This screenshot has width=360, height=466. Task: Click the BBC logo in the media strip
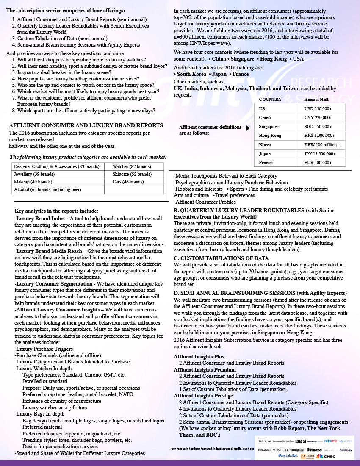301,441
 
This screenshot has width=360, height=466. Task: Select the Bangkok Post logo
288,456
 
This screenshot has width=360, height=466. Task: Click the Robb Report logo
264,441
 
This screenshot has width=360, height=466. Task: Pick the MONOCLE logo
281,449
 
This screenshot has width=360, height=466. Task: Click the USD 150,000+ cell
318,108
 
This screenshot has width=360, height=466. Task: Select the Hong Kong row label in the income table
270,136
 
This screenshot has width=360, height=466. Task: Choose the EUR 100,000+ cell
318,162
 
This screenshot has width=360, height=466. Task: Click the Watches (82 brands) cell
132,166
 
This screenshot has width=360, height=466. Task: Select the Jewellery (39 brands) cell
34,174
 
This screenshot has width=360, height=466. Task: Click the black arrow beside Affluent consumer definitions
248,128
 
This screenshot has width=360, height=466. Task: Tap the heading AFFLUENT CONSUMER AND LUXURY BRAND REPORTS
86,125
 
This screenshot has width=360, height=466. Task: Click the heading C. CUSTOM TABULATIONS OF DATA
221,258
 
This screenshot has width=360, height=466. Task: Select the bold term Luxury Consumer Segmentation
55,283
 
